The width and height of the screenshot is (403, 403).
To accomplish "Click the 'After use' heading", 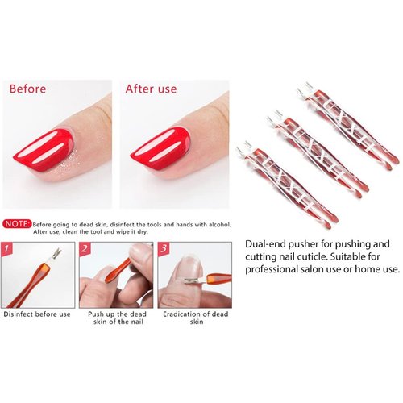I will pos(151,88).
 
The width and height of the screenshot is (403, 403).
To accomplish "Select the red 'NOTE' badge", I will pos(18,222).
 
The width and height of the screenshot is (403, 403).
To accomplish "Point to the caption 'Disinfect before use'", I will pos(38,314).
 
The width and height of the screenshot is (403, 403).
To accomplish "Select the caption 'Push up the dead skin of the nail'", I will pos(115,318).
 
